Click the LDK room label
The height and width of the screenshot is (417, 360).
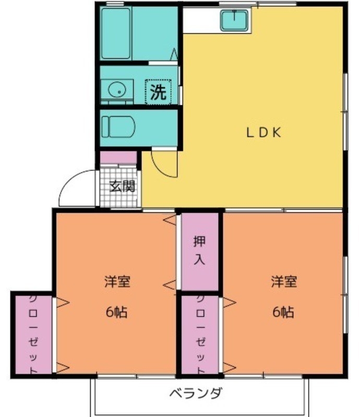click(x=263, y=132)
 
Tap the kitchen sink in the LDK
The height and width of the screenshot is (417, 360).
click(x=234, y=20)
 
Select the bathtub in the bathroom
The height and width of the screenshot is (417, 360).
click(x=116, y=33)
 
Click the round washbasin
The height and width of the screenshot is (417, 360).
click(x=117, y=90)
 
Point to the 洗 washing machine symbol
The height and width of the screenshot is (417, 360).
click(x=158, y=92)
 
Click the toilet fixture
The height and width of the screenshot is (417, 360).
click(x=118, y=127)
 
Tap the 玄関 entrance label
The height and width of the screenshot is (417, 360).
click(x=123, y=186)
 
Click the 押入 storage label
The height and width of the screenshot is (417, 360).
click(x=199, y=251)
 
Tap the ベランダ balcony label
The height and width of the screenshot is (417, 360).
click(x=196, y=393)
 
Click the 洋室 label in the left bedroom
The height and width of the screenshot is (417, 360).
click(x=117, y=281)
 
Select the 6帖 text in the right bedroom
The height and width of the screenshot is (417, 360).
click(x=283, y=312)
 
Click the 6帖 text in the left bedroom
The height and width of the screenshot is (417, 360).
click(x=117, y=312)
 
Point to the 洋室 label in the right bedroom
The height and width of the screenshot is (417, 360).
click(x=284, y=281)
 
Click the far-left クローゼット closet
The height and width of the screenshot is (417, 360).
click(x=33, y=335)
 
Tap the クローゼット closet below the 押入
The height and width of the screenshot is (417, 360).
click(x=200, y=335)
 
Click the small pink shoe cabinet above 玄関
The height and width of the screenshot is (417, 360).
click(x=118, y=158)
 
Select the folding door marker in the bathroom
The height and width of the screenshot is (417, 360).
click(x=174, y=54)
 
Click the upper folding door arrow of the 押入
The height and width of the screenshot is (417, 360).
click(x=170, y=220)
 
